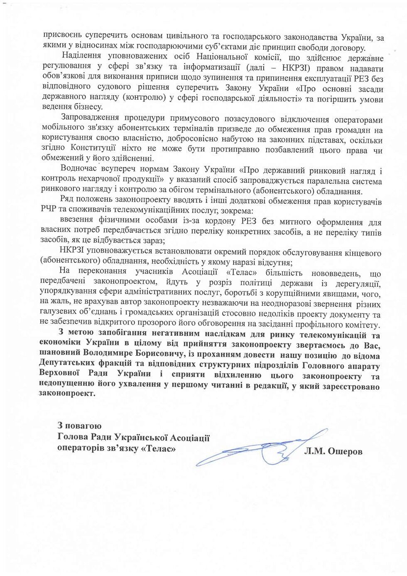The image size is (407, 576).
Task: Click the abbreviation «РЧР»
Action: pyautogui.click(x=49, y=210)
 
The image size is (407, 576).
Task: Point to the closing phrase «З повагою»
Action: pyautogui.click(x=79, y=426)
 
